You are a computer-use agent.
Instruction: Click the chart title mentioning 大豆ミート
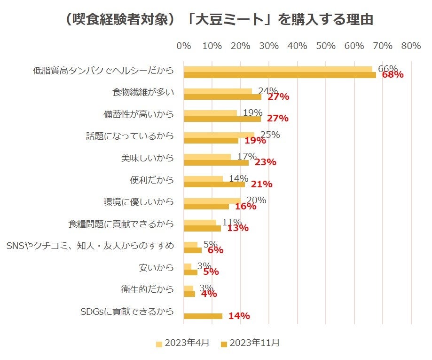tap(217, 20)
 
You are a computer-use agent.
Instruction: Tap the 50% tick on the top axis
tap(326, 46)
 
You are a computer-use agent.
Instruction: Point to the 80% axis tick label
tap(411, 46)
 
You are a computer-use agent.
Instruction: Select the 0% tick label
tap(183, 46)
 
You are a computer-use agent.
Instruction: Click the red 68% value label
tap(393, 75)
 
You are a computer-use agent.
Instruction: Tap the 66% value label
tap(387, 69)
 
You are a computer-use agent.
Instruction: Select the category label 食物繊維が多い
tap(143, 92)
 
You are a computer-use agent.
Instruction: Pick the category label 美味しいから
tap(147, 158)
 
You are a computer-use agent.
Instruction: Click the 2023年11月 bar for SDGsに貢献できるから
tap(203, 316)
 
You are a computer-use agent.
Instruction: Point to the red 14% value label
tap(239, 316)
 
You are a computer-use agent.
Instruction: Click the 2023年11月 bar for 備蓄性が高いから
tap(222, 119)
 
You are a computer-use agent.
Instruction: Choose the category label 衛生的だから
tap(147, 289)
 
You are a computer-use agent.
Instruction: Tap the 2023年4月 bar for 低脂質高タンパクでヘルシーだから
tap(278, 69)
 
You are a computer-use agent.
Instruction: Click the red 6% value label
tap(215, 250)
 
